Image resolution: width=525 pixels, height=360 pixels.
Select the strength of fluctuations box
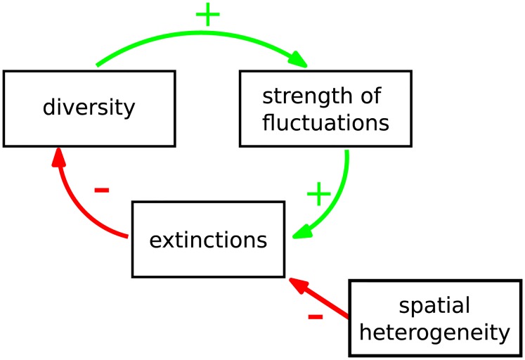pyautogui.click(x=325, y=108)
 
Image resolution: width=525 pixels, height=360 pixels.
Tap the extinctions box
pyautogui.click(x=208, y=240)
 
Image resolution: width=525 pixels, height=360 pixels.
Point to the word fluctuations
pyautogui.click(x=325, y=123)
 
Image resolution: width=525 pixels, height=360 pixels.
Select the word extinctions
pyautogui.click(x=208, y=240)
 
